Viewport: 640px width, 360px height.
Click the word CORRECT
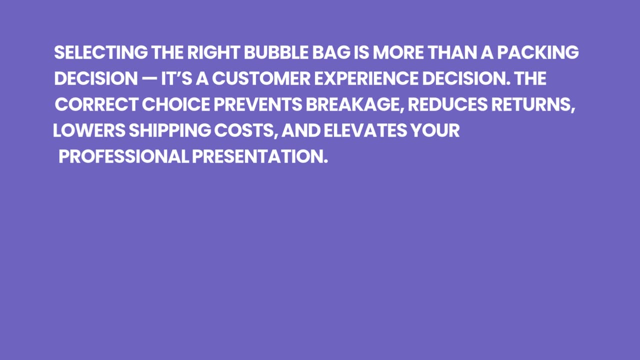96,104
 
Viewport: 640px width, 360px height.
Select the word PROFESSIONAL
124,156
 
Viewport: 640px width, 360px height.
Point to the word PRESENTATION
260,156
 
